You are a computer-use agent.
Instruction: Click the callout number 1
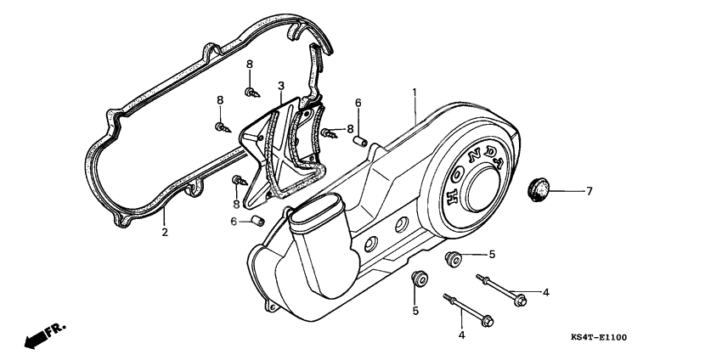point(415,91)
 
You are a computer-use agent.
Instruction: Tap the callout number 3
point(280,86)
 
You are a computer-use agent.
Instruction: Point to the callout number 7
point(588,191)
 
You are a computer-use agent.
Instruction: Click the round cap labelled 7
point(538,186)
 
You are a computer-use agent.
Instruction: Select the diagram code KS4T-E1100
point(599,338)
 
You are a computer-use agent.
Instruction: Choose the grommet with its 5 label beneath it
point(418,278)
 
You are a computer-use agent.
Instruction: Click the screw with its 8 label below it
point(238,180)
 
